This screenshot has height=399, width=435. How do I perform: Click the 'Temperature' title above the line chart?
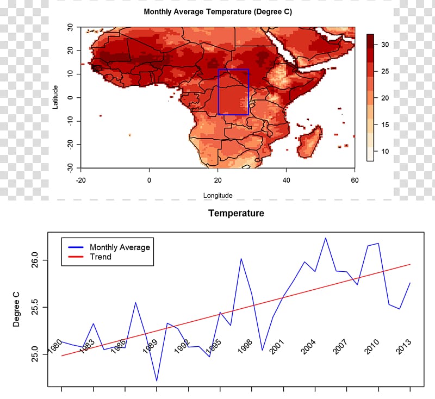tap(237, 214)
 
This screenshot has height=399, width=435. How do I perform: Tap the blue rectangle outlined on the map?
tap(233, 92)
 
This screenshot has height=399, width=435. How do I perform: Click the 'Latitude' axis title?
tap(55, 96)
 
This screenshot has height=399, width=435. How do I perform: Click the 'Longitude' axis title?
tap(218, 195)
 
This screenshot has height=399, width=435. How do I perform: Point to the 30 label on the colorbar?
tap(385, 45)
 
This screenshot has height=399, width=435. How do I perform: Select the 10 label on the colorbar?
tap(385, 151)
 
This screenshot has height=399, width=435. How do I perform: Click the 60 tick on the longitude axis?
tap(355, 179)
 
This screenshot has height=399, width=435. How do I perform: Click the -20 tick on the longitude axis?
tap(81, 179)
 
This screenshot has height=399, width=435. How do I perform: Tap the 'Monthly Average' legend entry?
tap(119, 247)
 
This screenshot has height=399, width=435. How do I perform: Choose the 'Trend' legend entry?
tap(101, 257)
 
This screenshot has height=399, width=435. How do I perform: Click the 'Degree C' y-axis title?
tap(16, 308)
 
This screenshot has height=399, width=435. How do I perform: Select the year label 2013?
tap(403, 346)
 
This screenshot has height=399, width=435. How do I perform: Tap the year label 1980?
tap(55, 346)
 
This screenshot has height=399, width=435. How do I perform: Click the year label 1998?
tap(245, 346)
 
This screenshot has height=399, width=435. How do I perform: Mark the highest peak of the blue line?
tap(326, 238)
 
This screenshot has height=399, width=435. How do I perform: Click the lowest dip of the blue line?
tap(157, 381)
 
